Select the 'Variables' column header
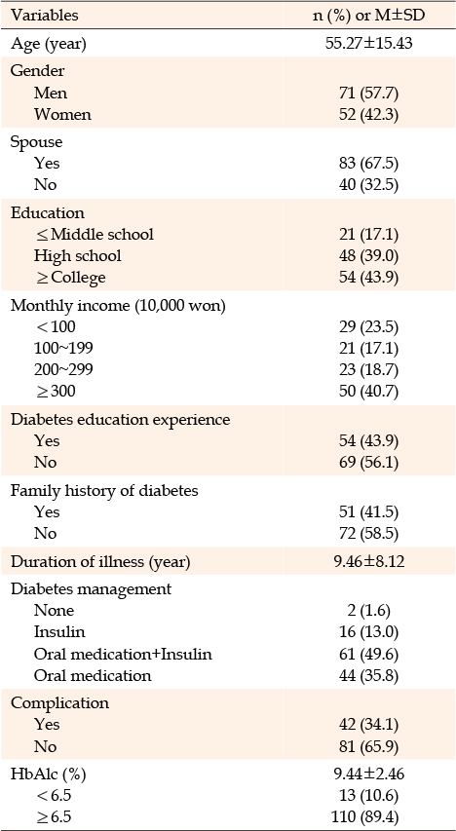(x=45, y=16)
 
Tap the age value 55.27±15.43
(x=369, y=43)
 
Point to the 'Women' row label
(x=62, y=115)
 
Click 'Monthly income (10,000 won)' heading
(x=119, y=306)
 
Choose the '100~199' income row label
(x=63, y=348)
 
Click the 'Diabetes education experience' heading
(x=121, y=419)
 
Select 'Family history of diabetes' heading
(x=104, y=491)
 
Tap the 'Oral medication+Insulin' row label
(x=123, y=654)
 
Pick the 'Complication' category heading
(x=59, y=703)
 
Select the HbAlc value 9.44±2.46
(x=369, y=774)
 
